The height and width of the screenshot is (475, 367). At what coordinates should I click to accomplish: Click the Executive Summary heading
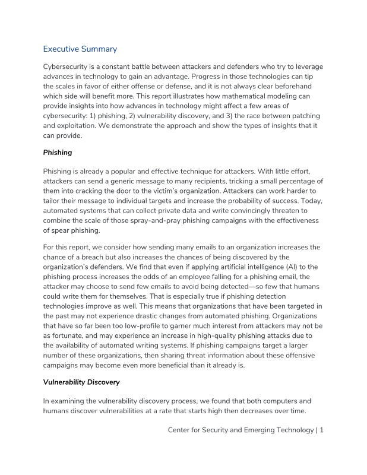[x=80, y=49]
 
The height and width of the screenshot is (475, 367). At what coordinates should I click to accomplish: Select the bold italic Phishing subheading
[x=58, y=152]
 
